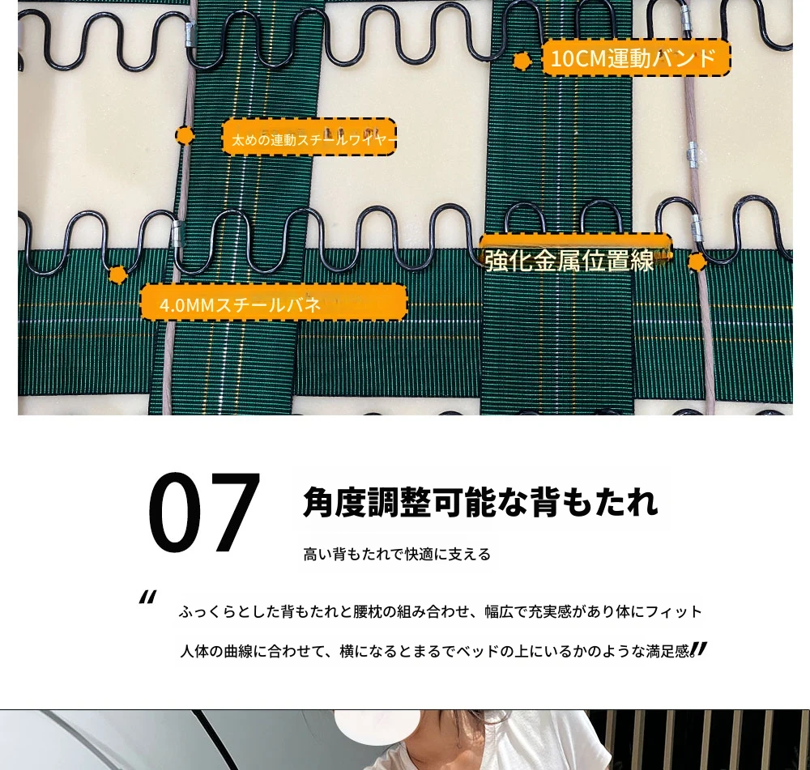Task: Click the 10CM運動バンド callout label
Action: pyautogui.click(x=636, y=57)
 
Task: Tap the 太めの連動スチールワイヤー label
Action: pyautogui.click(x=309, y=137)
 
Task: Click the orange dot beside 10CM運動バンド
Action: pyautogui.click(x=522, y=61)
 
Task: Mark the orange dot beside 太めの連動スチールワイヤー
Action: pyautogui.click(x=185, y=136)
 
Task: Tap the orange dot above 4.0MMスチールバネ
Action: pyautogui.click(x=117, y=274)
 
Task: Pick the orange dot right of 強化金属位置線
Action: pyautogui.click(x=697, y=262)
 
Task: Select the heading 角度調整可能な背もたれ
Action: pyautogui.click(x=480, y=501)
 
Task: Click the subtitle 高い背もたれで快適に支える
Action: pyautogui.click(x=397, y=554)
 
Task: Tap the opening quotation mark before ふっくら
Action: pyautogui.click(x=147, y=598)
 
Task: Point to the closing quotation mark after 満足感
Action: pyautogui.click(x=698, y=649)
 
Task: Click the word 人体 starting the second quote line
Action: pyautogui.click(x=194, y=651)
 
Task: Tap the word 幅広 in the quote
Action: pyautogui.click(x=498, y=612)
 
